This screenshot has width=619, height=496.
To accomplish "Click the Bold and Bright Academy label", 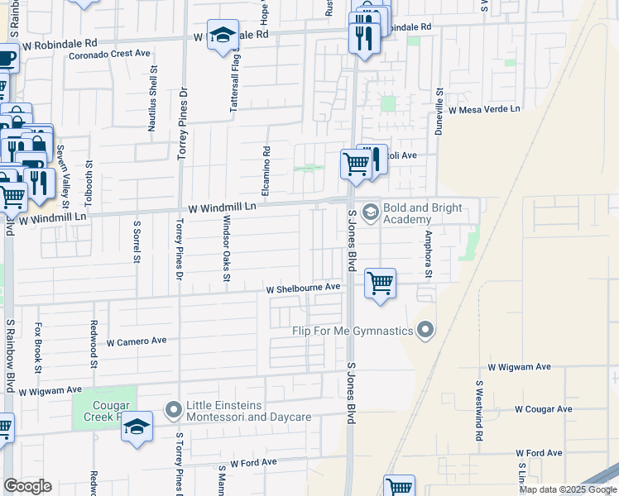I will click(x=406, y=213).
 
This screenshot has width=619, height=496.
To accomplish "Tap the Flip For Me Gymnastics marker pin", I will click(x=425, y=331).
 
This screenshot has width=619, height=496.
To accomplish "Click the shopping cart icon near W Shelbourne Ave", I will click(x=380, y=284).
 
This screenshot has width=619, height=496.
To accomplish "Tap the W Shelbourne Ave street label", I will click(x=303, y=288).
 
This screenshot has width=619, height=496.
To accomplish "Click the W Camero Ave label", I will click(x=137, y=341).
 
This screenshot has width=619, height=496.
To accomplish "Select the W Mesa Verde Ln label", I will click(x=484, y=108).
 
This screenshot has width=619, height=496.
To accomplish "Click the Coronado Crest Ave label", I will click(x=109, y=53).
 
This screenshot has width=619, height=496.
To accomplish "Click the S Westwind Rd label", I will click(x=478, y=411).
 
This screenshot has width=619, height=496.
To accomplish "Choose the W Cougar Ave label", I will click(x=543, y=409).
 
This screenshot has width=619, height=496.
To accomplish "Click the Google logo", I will click(x=27, y=486).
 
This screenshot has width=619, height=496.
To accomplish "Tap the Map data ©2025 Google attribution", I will click(x=568, y=489).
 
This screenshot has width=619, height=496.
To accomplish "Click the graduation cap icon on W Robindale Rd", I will click(x=222, y=36).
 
